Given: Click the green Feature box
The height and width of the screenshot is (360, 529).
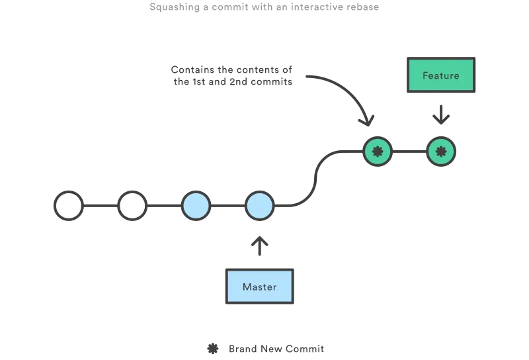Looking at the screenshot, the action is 441,75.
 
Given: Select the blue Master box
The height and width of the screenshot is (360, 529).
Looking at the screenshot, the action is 259,287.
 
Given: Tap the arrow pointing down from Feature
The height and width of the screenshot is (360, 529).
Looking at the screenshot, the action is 441,114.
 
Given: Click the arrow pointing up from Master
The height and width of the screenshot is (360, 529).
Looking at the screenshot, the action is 259,246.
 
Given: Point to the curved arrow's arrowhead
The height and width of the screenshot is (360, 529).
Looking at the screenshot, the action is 367,121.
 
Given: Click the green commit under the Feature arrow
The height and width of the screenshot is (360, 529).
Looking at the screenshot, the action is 441,152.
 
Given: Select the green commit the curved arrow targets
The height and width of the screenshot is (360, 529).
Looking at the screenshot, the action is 378,152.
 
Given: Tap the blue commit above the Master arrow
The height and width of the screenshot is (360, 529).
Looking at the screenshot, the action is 259,206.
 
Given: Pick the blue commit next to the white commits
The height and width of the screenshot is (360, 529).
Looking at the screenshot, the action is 196,206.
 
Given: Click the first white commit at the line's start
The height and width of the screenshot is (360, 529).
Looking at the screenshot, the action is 69,206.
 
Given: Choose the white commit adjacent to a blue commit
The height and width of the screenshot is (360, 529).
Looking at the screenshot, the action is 132,206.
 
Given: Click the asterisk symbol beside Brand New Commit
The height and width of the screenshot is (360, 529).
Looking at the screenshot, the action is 213,349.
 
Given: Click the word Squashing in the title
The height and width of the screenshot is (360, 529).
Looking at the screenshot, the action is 175,7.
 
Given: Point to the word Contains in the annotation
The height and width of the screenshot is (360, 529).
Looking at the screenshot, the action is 192,69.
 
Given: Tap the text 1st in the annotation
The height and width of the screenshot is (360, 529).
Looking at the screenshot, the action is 199,81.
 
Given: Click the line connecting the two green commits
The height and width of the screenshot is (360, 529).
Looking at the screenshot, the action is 409,152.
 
